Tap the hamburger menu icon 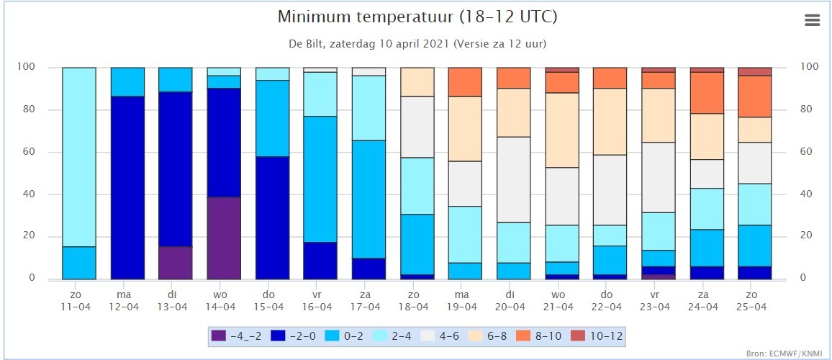tap(813, 20)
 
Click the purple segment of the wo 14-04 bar tap(224, 238)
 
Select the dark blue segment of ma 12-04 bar tap(128, 188)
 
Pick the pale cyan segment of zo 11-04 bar tap(79, 157)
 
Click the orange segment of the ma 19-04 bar tap(465, 82)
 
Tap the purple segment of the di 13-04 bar tap(176, 263)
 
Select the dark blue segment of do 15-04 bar tap(272, 217)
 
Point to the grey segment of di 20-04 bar tap(513, 179)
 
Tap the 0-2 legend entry tap(346, 336)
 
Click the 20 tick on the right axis tap(805, 236)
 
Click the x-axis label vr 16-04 tap(320, 300)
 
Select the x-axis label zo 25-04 tap(754, 300)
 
